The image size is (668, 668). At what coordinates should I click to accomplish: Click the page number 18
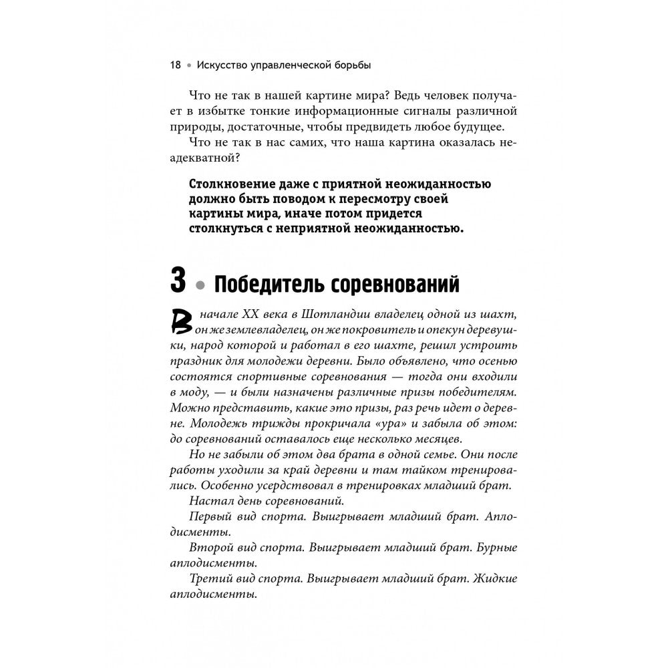[176, 65]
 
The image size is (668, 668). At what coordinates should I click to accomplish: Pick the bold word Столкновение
[238, 185]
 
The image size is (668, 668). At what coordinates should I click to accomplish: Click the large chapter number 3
[178, 281]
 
